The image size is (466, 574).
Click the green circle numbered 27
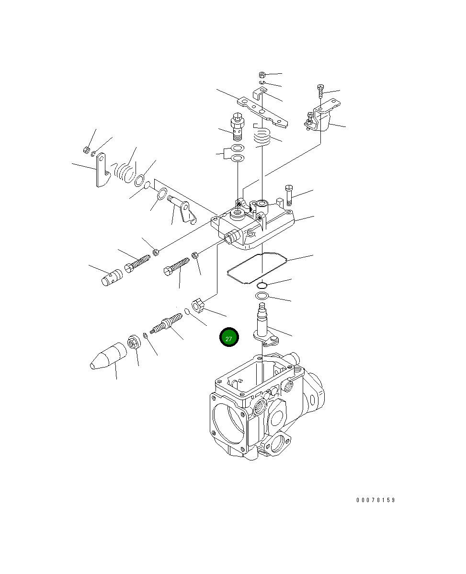coord(228,338)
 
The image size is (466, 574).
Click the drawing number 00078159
coord(375,500)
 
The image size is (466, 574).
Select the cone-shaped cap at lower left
coord(108,357)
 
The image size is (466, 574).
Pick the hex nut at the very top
coord(262,75)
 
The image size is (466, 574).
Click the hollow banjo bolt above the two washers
coord(237,126)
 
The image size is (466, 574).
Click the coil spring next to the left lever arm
coord(125,171)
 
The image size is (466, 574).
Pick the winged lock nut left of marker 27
coord(198,305)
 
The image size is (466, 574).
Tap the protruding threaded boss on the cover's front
coord(232,236)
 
